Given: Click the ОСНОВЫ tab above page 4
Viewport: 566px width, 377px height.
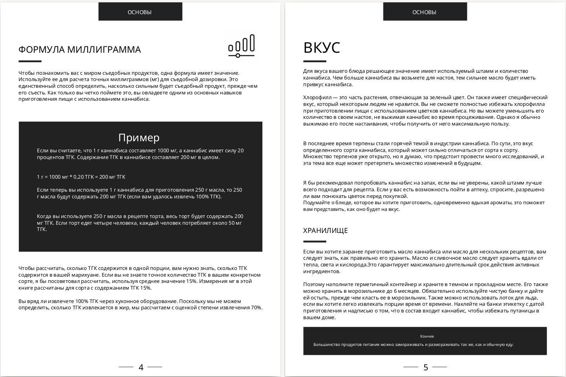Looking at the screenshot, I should [x=140, y=12].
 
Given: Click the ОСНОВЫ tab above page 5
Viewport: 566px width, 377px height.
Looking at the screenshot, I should [x=425, y=12].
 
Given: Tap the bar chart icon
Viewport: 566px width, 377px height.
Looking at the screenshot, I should [x=241, y=46].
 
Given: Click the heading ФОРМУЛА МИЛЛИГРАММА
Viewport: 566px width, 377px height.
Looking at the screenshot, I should [x=79, y=50].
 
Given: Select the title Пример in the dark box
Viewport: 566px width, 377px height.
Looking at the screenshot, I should [x=139, y=137].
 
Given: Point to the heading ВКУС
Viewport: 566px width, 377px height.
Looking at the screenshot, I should [x=322, y=47].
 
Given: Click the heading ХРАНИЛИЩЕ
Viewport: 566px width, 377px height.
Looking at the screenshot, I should [x=325, y=231].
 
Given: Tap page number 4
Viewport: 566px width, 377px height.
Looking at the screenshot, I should [x=141, y=367].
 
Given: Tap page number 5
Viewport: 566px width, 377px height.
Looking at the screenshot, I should [x=425, y=367].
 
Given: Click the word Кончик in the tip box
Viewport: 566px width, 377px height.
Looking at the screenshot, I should [x=427, y=336].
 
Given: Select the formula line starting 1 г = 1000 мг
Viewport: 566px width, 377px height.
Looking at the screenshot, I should [x=81, y=177].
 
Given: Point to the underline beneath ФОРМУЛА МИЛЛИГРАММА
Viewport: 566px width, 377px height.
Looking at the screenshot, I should [x=30, y=61].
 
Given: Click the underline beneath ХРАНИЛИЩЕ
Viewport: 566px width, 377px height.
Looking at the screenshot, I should [x=315, y=242].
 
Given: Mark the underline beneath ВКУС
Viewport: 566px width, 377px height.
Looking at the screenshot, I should [x=315, y=61].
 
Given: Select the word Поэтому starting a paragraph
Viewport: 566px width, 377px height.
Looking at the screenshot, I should [x=313, y=284].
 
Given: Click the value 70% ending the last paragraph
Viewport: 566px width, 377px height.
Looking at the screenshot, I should [x=256, y=308].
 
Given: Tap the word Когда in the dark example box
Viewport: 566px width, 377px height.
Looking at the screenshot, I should [x=44, y=216].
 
